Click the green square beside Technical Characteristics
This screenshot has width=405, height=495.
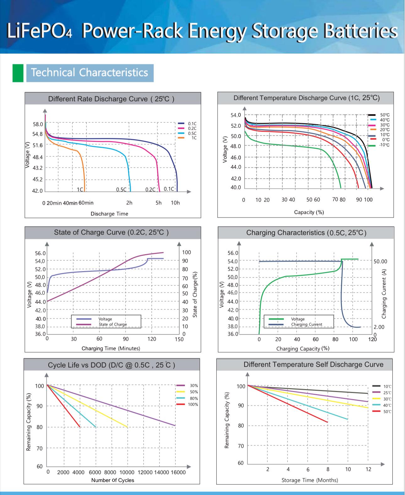[18, 73]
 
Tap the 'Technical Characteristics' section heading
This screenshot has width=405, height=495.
[90, 73]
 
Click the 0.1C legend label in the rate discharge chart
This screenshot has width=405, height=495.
[192, 124]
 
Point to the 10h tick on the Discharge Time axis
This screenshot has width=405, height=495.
[175, 203]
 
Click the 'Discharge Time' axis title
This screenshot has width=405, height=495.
[109, 214]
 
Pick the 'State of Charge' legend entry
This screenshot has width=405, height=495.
[113, 325]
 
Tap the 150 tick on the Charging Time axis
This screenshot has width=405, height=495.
[179, 339]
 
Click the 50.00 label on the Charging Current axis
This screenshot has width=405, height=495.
[381, 261]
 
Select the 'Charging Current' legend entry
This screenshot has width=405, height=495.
[306, 325]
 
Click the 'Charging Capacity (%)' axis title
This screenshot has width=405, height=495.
[303, 349]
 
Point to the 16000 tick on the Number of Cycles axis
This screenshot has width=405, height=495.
[178, 472]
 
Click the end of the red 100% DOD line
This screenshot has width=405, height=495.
[80, 427]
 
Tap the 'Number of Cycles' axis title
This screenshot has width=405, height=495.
[113, 480]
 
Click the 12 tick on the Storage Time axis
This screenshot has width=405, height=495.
[368, 469]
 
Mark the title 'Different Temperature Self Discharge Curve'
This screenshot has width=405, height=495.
[313, 365]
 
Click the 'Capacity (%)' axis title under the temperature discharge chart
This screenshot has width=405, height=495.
[309, 212]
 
